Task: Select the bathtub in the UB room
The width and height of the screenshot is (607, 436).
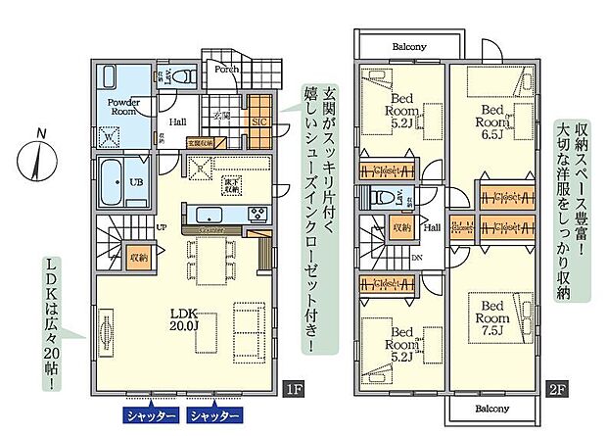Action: click(x=114, y=181)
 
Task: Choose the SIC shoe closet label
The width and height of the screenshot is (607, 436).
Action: click(x=258, y=122)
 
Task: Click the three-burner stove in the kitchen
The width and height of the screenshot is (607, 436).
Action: click(x=257, y=216)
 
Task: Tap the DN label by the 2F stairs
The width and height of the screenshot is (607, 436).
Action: click(x=416, y=258)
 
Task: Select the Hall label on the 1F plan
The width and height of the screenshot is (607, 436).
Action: click(x=178, y=122)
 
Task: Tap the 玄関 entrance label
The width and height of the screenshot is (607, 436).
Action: click(x=221, y=116)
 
